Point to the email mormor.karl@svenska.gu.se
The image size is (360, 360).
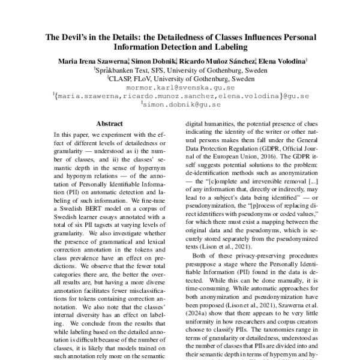180,87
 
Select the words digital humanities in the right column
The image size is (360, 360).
210,123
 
